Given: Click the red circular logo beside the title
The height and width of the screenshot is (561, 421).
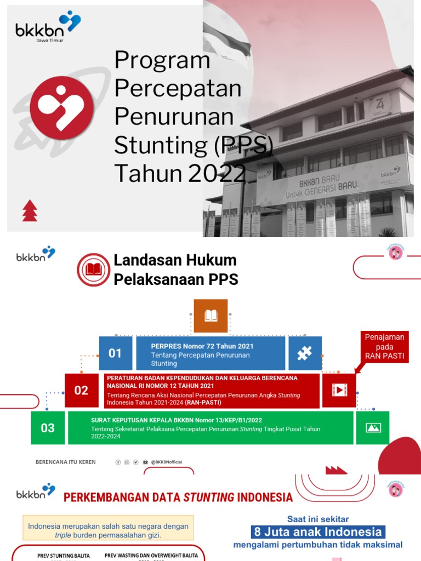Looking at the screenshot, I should point(54,107).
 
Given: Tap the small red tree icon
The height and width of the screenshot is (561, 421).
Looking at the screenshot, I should point(30,211).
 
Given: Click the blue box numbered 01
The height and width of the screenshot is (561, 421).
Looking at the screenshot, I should point(115,353).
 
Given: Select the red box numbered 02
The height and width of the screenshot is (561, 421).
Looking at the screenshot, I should point(81,390).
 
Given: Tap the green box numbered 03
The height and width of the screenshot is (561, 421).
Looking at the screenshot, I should point(48,428).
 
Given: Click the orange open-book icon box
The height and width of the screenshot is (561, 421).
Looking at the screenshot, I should point(210,316).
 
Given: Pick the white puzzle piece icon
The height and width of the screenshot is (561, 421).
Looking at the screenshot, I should point(305,353).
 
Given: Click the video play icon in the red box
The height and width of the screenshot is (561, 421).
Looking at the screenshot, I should point(339,390).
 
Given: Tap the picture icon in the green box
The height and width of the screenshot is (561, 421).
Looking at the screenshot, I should point(373,428).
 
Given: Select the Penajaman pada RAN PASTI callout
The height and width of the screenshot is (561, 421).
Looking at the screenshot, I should point(385,346).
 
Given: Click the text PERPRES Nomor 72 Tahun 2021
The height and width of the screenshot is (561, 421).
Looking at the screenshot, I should point(195,346).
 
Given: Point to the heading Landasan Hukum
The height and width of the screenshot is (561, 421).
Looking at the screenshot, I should point(175,260).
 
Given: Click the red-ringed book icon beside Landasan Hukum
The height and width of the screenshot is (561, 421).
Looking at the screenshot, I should point(94,270).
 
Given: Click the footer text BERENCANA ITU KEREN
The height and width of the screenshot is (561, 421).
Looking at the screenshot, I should point(66,462).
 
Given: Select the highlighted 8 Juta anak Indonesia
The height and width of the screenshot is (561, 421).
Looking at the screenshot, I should point(318,531).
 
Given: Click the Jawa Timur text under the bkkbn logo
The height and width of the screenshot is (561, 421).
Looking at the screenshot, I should point(45,41).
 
